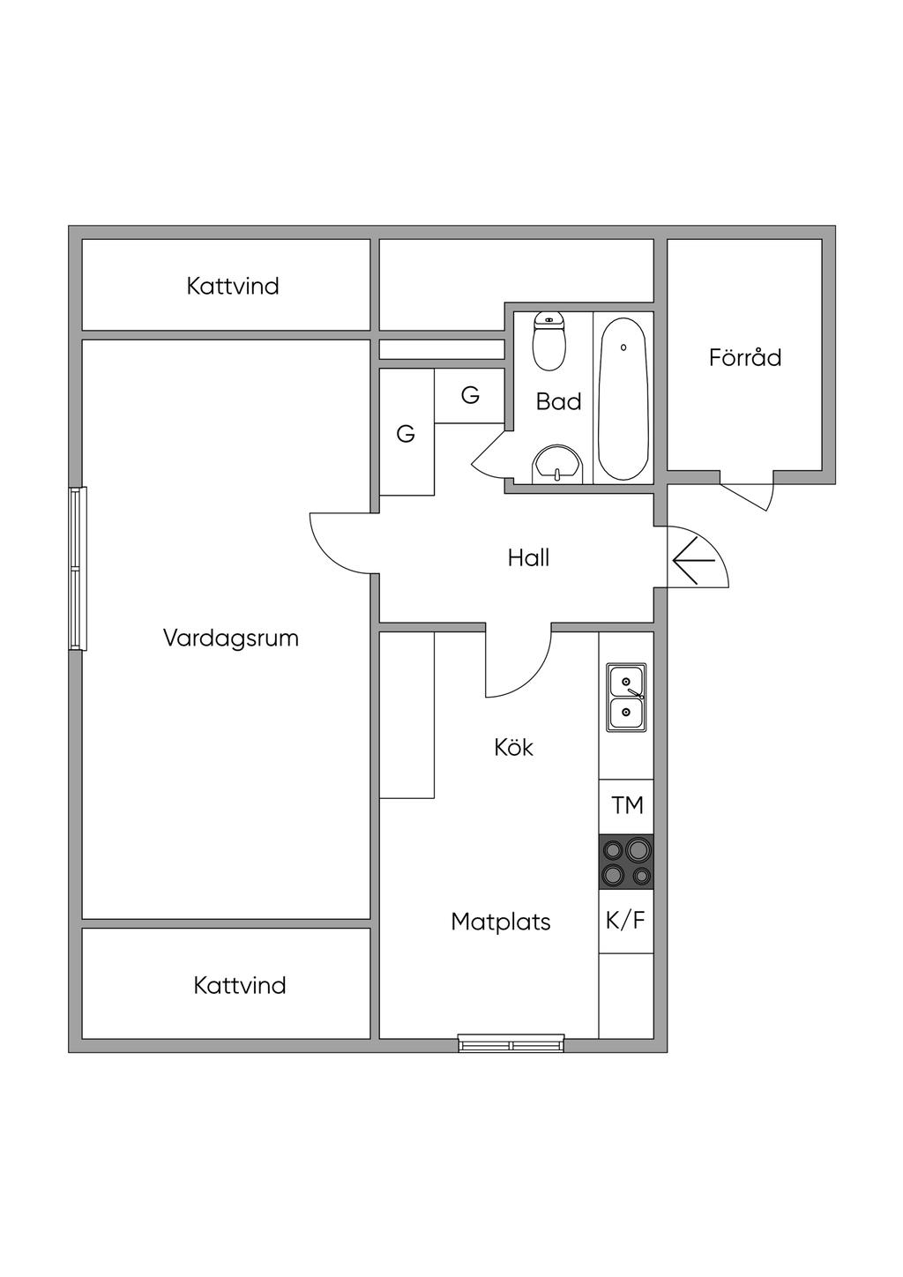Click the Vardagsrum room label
231,638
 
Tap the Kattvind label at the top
233,286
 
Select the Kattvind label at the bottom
240,985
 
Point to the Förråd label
745,357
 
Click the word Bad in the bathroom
558,401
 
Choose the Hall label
528,557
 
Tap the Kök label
513,748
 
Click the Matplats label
500,922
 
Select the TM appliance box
627,805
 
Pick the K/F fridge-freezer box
626,921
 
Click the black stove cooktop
626,862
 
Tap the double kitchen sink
626,697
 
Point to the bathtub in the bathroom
623,399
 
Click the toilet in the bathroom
549,344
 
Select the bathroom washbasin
557,465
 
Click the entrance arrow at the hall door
693,560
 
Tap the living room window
78,569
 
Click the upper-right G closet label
470,396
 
